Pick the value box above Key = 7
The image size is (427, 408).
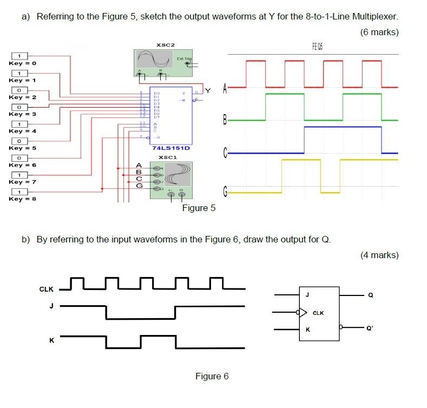19,175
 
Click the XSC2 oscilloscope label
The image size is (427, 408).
165,44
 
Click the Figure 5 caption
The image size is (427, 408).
198,208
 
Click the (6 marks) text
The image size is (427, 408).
379,32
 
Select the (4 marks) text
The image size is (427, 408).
379,255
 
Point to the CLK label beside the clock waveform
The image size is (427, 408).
47,289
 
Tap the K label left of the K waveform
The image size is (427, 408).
51,340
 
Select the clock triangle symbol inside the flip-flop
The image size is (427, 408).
304,312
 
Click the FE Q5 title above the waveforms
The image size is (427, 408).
316,47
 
